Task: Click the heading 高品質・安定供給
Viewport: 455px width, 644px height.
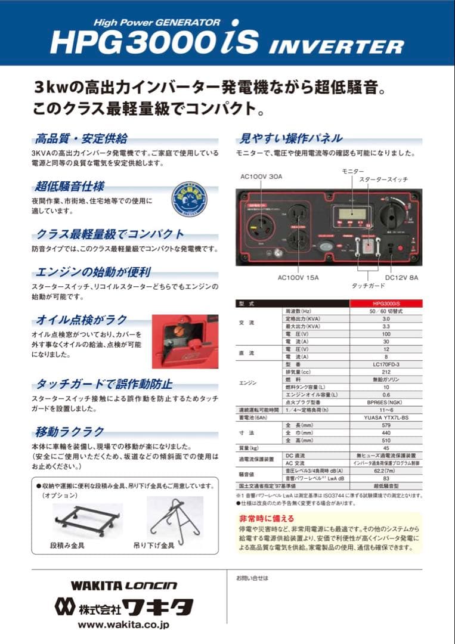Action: click(81, 138)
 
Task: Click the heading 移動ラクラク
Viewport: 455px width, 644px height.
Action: click(69, 431)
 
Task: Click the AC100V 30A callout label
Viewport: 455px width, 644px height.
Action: click(261, 177)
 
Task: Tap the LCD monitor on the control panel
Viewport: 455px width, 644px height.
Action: click(351, 216)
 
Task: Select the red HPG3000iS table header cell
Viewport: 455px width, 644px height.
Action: click(385, 304)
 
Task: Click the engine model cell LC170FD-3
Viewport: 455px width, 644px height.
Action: click(385, 363)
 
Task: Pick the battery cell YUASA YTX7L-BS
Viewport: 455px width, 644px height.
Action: click(385, 418)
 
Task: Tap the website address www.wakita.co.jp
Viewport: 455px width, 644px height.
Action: click(123, 625)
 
